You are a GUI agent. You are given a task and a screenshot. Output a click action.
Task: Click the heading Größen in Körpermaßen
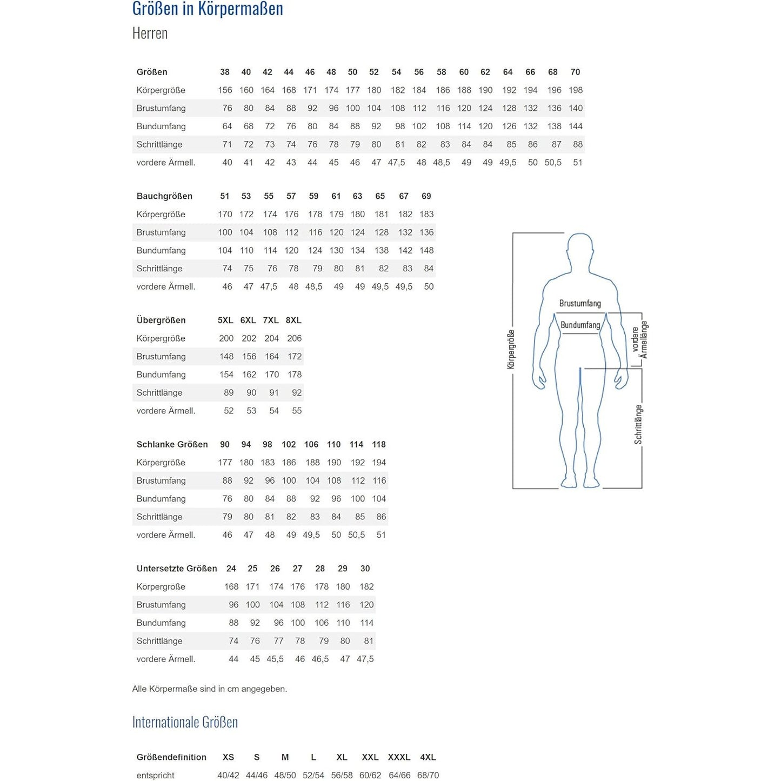tap(208, 9)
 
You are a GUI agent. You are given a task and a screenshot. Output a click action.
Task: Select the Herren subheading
tap(150, 34)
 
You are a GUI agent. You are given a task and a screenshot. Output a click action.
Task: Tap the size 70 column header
tap(575, 72)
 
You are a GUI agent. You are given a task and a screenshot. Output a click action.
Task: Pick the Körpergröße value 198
tap(576, 90)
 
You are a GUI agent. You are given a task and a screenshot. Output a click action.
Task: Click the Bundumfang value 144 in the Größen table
tap(576, 126)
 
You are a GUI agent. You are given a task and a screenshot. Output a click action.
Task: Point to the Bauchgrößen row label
tap(164, 196)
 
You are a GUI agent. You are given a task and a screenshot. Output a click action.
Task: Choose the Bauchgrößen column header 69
tap(426, 196)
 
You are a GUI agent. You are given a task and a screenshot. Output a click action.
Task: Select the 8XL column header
tap(293, 321)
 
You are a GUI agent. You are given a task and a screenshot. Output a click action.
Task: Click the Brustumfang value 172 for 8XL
tap(295, 357)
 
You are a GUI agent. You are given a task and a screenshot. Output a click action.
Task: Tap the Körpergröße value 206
tap(295, 338)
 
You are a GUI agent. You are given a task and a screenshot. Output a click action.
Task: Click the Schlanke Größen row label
tap(172, 444)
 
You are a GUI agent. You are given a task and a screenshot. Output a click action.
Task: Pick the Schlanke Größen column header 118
tap(379, 444)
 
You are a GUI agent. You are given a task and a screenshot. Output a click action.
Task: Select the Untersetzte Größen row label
tap(177, 569)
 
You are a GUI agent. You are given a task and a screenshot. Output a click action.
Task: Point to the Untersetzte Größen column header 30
tap(365, 569)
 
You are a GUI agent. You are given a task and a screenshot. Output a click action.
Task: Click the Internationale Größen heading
tap(185, 722)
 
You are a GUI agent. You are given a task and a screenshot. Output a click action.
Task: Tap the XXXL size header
tap(399, 757)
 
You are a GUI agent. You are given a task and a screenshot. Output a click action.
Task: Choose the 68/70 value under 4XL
tap(428, 776)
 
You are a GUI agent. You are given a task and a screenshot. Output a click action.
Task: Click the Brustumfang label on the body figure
tap(580, 304)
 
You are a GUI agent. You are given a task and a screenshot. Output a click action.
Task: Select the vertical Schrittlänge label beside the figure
tap(639, 425)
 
